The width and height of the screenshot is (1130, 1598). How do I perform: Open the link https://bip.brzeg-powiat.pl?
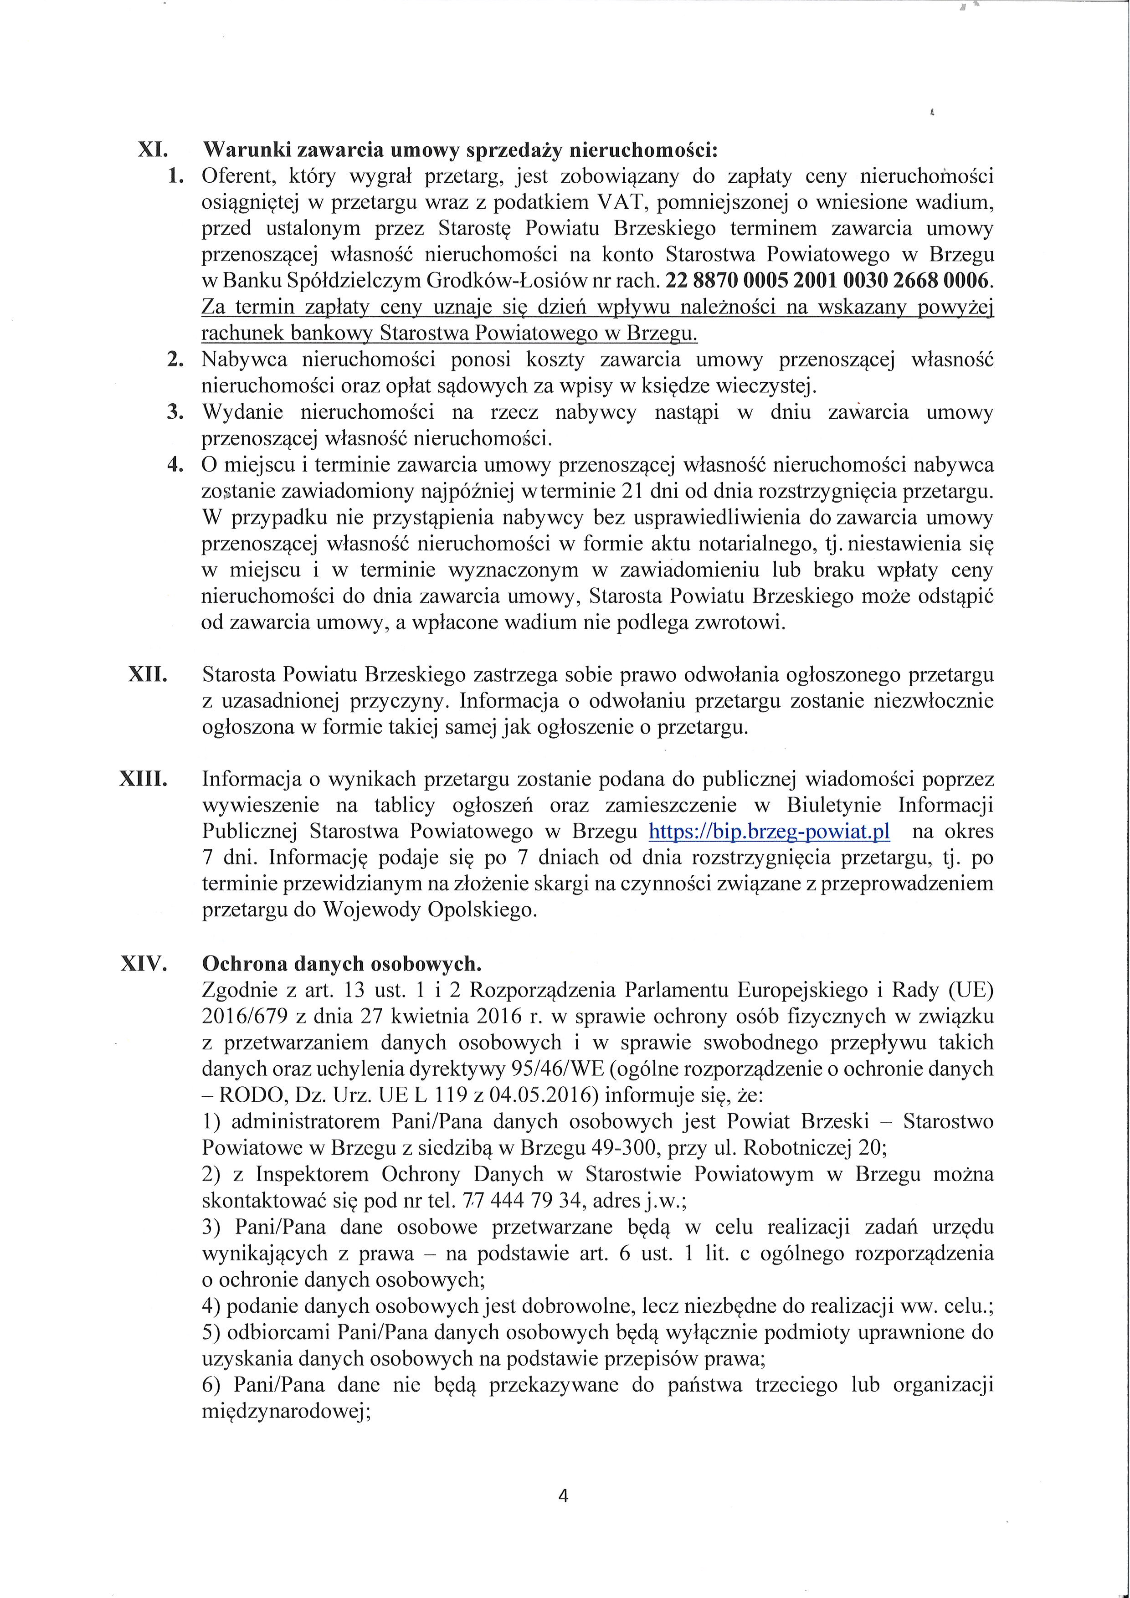769,832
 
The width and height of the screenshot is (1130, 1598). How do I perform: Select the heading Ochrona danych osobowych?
341,964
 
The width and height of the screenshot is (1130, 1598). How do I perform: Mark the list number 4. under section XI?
175,465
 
